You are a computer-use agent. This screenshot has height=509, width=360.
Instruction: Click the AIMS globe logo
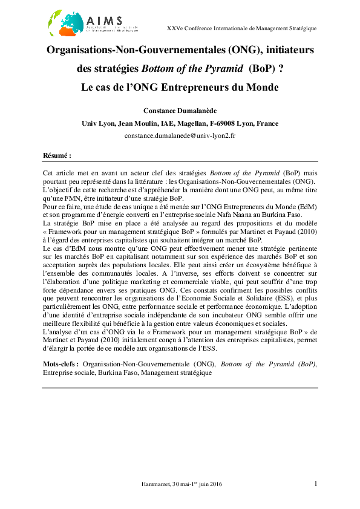pyautogui.click(x=65, y=22)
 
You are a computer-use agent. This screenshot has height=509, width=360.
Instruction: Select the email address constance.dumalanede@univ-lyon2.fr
pyautogui.click(x=180, y=135)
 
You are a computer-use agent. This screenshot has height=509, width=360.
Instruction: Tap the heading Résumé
pyautogui.click(x=57, y=155)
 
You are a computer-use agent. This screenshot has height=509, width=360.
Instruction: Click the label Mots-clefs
pyautogui.click(x=61, y=365)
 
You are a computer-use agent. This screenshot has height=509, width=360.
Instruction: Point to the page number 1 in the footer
pyautogui.click(x=316, y=484)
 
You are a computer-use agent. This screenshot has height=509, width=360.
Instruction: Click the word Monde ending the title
pyautogui.click(x=261, y=87)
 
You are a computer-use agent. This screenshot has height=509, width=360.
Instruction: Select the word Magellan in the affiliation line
pyautogui.click(x=188, y=123)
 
